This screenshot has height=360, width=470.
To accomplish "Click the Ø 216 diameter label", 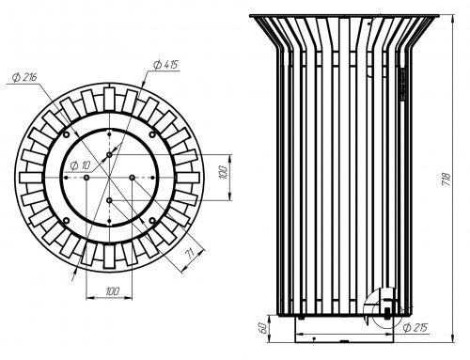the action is pos(24,77).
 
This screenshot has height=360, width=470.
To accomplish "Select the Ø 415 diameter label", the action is pos(165,65).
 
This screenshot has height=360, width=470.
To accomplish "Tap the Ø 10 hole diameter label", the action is pos(80,165).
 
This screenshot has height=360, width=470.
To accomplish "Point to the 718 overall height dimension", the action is pos(446,180).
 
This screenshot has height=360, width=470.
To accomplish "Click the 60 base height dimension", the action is pos(264,328).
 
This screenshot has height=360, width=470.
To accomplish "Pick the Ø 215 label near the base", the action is pos(415,328).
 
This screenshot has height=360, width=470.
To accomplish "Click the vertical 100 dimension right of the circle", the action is pos(224,172).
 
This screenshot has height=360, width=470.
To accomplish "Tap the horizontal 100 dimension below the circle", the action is pos(112,291).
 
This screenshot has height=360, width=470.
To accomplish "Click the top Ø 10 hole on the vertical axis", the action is pos(109,155).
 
